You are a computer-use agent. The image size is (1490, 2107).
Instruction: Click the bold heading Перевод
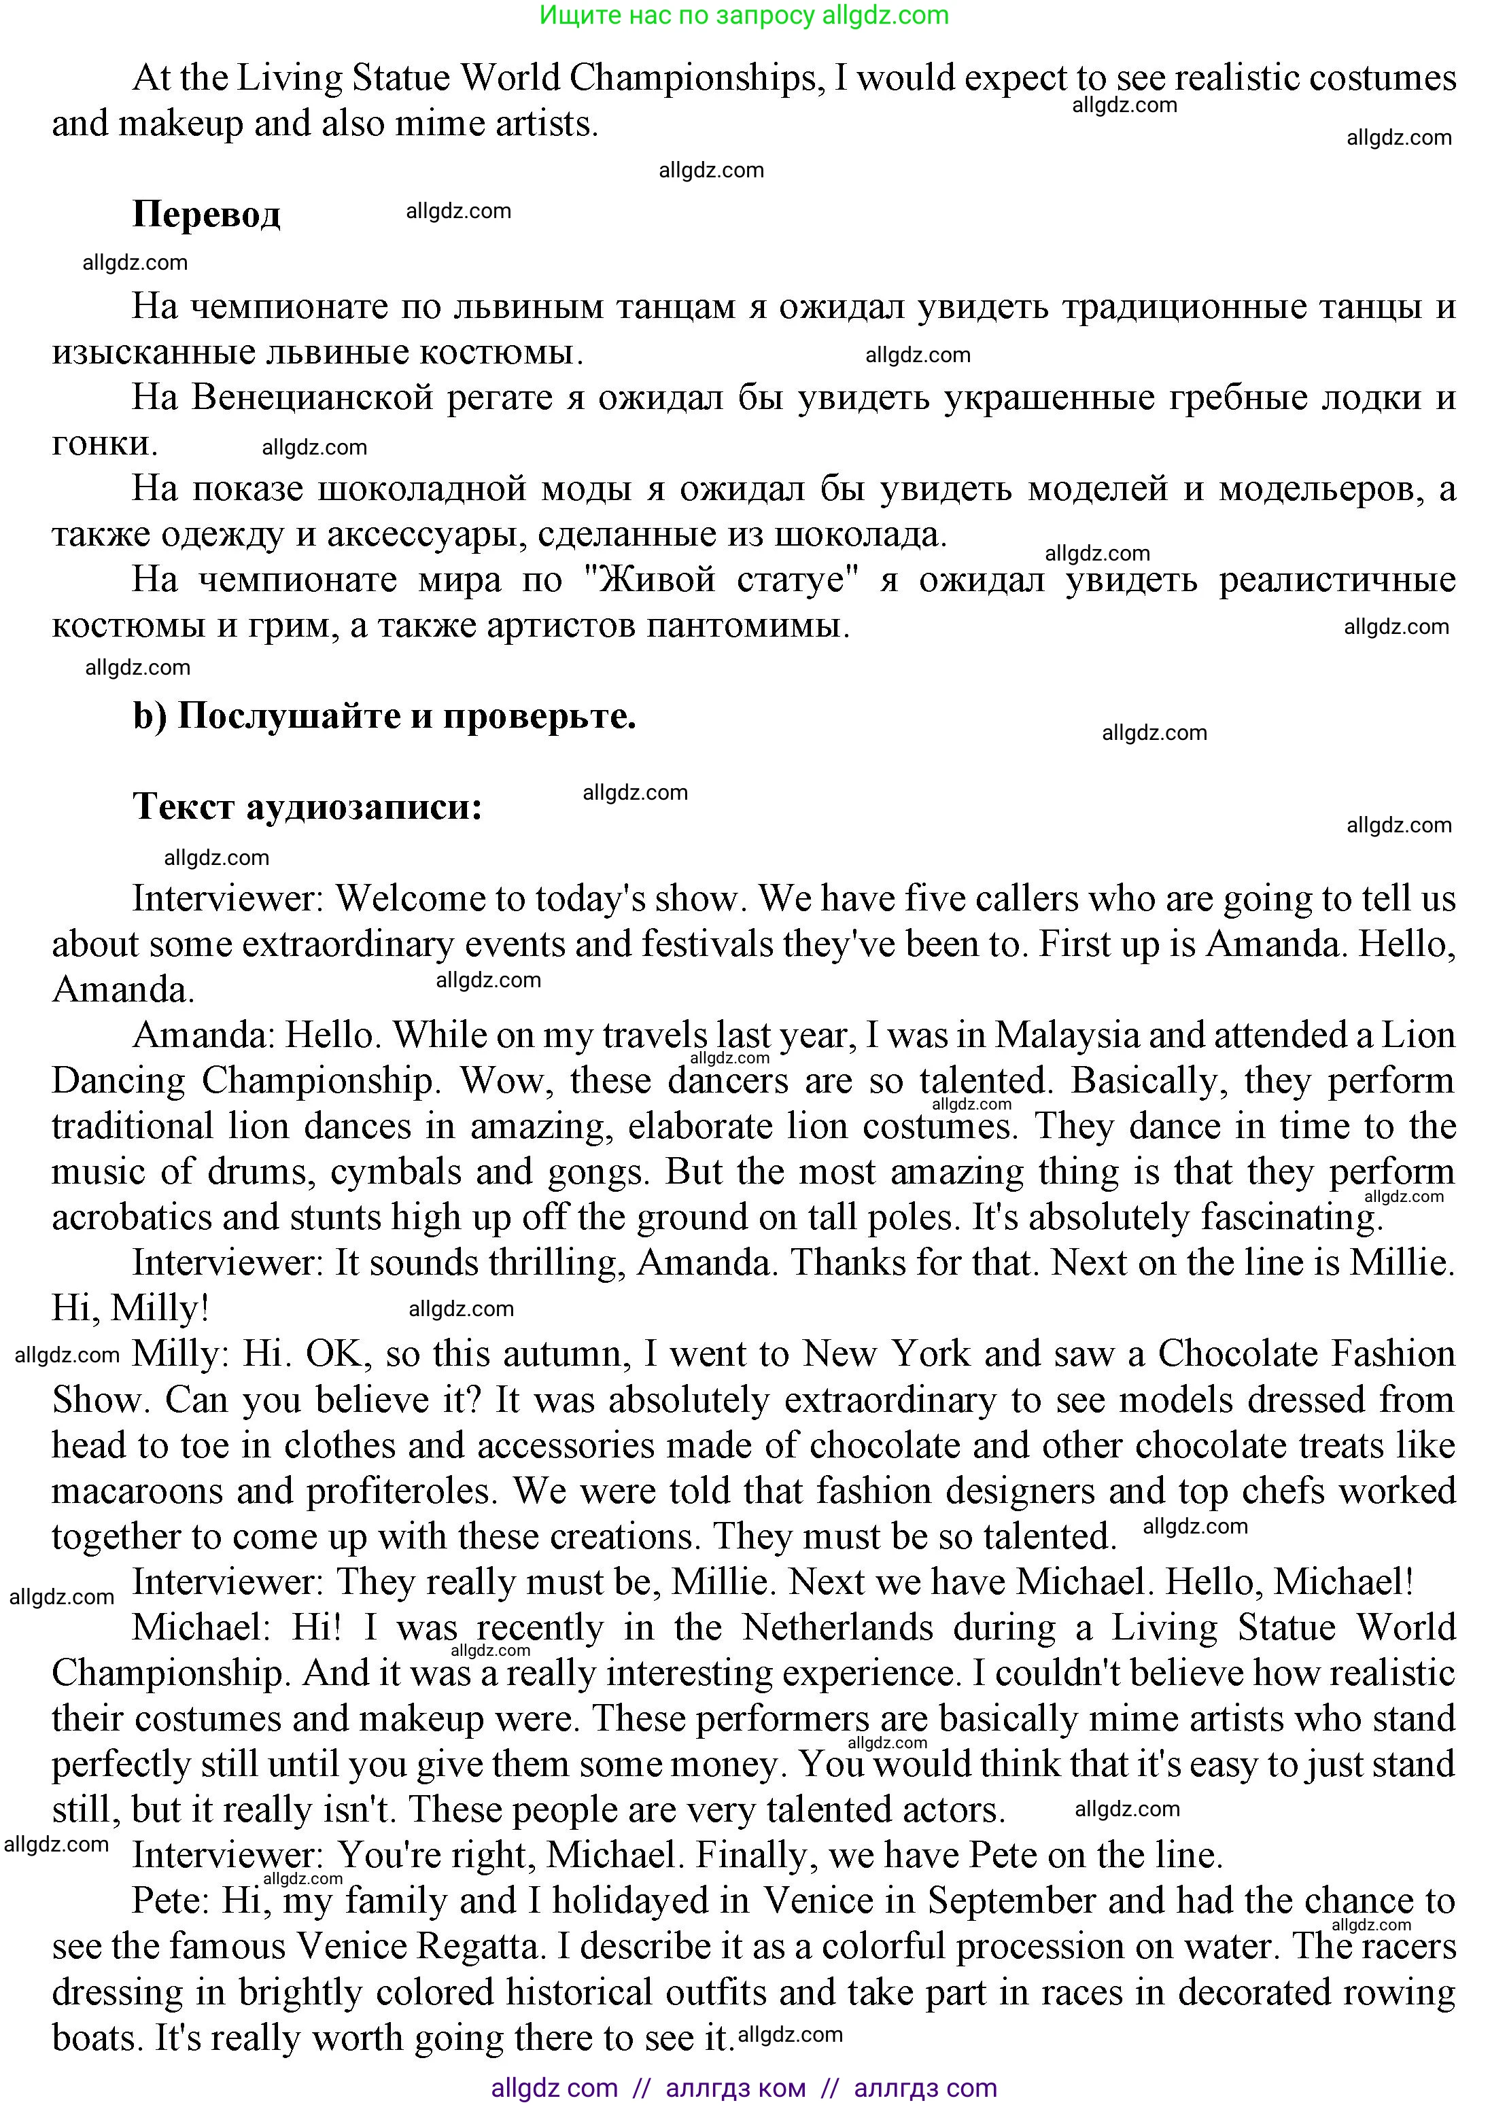(206, 215)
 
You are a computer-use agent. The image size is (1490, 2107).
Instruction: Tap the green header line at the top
(744, 15)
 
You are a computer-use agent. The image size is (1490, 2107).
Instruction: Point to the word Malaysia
(1066, 1035)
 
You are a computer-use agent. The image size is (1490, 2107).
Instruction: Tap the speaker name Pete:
(172, 1900)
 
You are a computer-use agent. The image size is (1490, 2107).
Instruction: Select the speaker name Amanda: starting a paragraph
(203, 1035)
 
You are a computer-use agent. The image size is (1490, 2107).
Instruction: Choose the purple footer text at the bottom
(744, 2089)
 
